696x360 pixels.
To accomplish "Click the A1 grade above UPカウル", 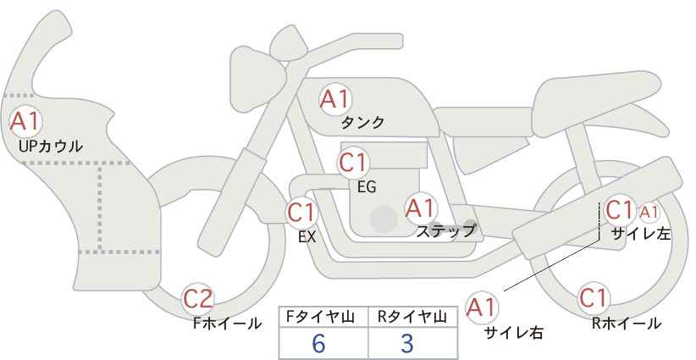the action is (25, 122).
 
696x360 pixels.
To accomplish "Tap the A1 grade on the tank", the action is (335, 99).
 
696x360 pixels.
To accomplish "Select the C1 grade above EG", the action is (353, 163).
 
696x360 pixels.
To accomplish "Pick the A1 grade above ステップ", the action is (421, 208).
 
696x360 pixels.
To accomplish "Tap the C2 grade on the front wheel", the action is (198, 299).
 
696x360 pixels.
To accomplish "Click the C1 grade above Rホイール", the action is (593, 298).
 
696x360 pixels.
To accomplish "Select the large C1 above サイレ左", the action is (619, 209).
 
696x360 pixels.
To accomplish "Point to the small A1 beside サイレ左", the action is (649, 213).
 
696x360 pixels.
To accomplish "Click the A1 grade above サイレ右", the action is (482, 307).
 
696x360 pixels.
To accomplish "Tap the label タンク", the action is (362, 123).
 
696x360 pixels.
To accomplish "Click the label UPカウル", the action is (51, 146).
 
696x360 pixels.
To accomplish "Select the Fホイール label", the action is (227, 324).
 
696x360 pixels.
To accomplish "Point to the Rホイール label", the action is (627, 324).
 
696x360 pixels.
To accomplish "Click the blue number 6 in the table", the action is (318, 343).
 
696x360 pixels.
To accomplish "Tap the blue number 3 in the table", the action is (407, 343).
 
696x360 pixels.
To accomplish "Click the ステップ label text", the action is (446, 231).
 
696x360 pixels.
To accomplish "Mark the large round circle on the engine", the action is (384, 219).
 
